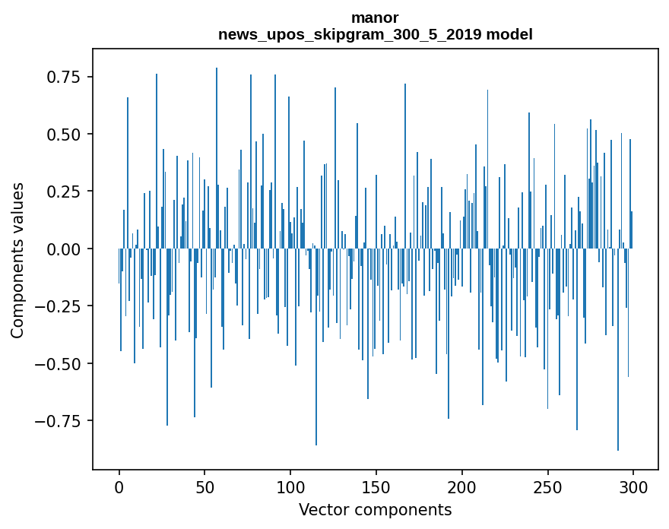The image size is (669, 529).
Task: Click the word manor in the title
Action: tap(375, 17)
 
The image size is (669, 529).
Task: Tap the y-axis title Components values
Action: tap(17, 260)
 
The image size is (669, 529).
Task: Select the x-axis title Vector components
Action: tap(375, 510)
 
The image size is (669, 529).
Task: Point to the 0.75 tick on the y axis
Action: tap(65, 77)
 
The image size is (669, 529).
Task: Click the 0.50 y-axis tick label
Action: tap(65, 135)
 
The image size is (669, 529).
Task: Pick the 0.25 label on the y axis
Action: tap(65, 192)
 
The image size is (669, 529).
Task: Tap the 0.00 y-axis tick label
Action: tap(65, 249)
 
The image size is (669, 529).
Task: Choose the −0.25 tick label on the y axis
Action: tap(60, 306)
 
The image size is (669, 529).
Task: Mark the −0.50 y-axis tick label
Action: tap(60, 363)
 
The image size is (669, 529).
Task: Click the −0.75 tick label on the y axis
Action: tap(60, 421)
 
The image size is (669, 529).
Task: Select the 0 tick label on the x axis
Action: tap(119, 486)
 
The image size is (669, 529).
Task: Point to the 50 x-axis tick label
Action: tap(205, 486)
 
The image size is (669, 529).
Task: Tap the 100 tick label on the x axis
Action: tap(290, 486)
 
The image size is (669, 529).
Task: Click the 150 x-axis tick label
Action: tap(376, 486)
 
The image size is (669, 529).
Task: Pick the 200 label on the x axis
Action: tap(462, 486)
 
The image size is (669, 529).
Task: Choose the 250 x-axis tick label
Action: tap(547, 486)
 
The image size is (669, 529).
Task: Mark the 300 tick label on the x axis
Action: tap(633, 486)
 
